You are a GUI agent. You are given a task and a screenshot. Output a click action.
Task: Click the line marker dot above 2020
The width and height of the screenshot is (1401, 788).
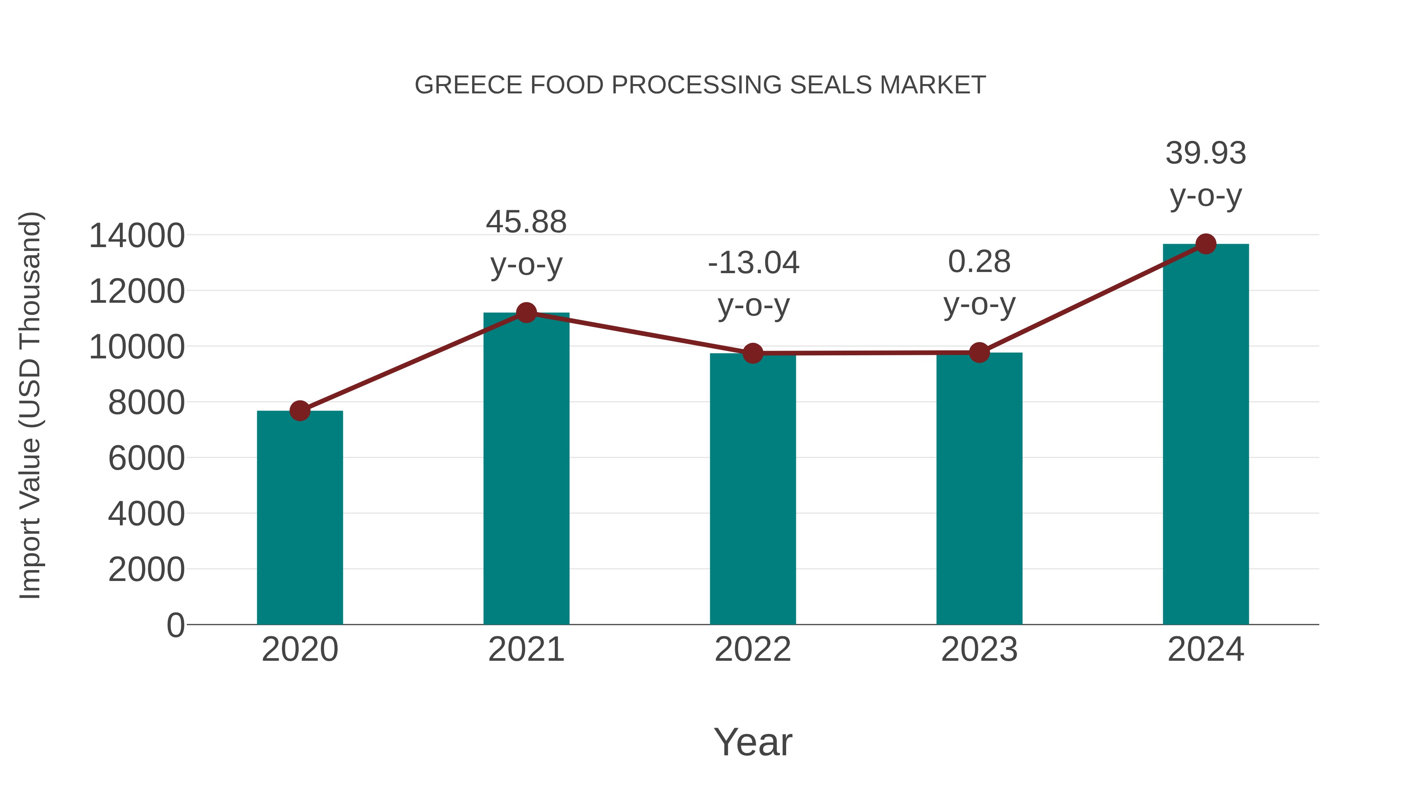(x=300, y=411)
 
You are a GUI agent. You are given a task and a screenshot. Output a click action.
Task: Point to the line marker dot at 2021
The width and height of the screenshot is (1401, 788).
(x=526, y=313)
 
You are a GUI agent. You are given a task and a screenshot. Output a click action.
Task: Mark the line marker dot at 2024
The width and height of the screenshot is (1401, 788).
(x=1206, y=244)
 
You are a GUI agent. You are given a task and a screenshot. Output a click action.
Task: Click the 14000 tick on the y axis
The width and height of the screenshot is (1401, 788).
(x=137, y=236)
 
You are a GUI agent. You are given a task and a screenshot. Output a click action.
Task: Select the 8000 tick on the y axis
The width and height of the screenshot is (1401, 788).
(x=146, y=403)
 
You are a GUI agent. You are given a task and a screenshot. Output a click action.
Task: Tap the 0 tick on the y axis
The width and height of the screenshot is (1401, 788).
(x=176, y=625)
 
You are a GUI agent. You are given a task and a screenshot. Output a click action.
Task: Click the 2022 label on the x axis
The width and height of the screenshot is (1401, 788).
(x=753, y=649)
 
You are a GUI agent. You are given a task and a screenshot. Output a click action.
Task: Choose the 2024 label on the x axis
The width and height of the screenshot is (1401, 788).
(x=1206, y=649)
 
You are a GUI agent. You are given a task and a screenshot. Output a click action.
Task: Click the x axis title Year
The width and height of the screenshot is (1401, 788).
(x=753, y=742)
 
